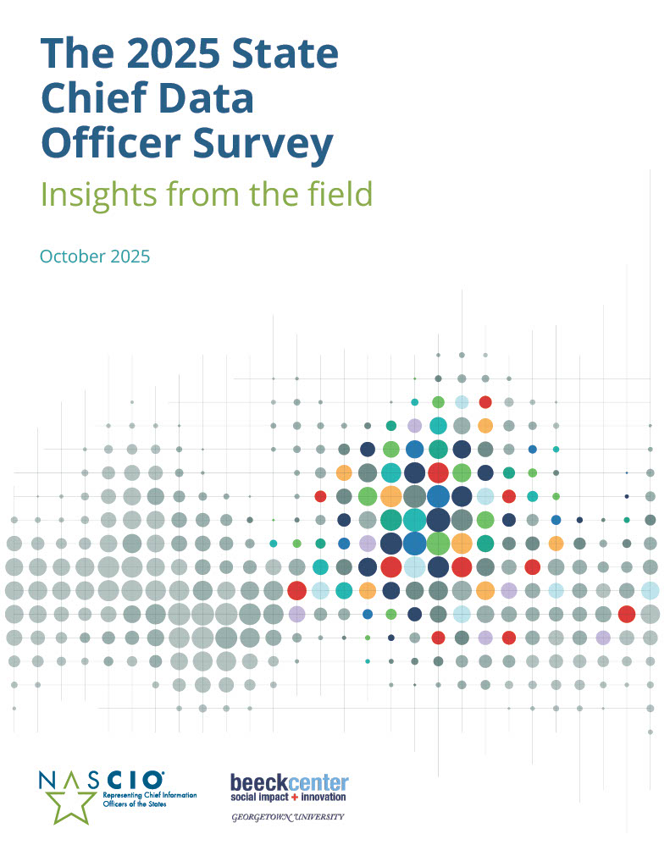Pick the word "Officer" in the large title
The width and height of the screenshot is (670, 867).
(114, 143)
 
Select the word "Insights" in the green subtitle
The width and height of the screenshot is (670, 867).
(95, 195)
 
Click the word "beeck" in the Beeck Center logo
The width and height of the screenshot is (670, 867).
(259, 781)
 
